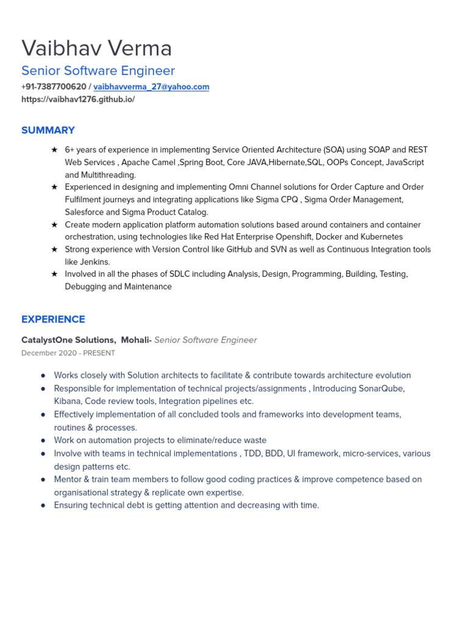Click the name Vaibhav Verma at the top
click(x=96, y=48)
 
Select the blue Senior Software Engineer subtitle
click(x=98, y=71)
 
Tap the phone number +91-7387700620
click(x=54, y=87)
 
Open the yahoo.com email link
click(x=151, y=87)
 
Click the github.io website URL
click(x=78, y=99)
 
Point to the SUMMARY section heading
click(x=48, y=130)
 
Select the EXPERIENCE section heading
click(x=53, y=319)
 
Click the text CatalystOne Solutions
click(x=68, y=340)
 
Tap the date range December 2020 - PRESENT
click(x=68, y=353)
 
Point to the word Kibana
click(x=67, y=402)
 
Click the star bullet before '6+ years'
click(x=54, y=150)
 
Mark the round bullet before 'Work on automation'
click(x=43, y=441)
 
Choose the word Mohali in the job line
click(x=135, y=340)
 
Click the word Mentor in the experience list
click(x=68, y=480)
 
